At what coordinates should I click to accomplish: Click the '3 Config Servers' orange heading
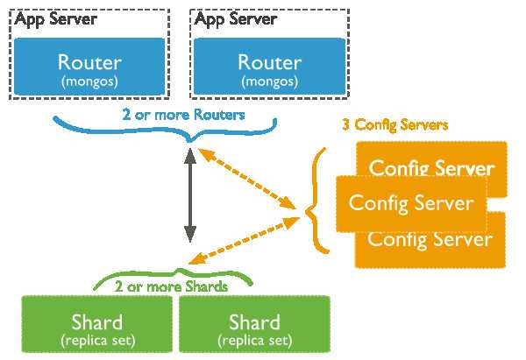pyautogui.click(x=394, y=124)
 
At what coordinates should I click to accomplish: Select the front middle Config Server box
pyautogui.click(x=411, y=202)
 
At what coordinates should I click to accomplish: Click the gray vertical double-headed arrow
pyautogui.click(x=188, y=195)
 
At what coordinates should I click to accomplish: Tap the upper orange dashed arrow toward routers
pyautogui.click(x=245, y=178)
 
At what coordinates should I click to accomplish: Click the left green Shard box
pyautogui.click(x=98, y=327)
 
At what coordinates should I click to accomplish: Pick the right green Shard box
pyautogui.click(x=254, y=327)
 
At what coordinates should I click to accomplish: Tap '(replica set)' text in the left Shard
pyautogui.click(x=98, y=339)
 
